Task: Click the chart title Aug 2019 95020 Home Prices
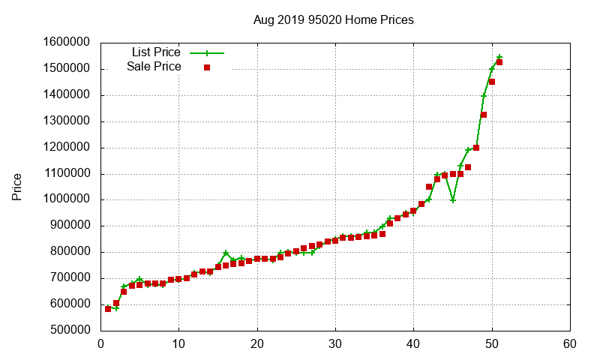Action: coord(333,20)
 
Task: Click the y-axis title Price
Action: coord(16,186)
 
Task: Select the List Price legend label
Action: coord(156,52)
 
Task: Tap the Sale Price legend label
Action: coord(154,67)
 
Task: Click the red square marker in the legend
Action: coord(207,67)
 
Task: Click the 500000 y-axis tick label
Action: coord(67,330)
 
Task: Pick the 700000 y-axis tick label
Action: coord(67,278)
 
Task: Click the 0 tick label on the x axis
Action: coord(101,344)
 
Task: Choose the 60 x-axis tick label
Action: coord(570,344)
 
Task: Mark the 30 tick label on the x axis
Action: coord(336,344)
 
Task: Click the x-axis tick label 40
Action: coord(414,344)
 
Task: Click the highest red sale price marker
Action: coord(499,62)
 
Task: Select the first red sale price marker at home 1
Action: coord(109,308)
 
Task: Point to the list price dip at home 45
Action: coord(453,200)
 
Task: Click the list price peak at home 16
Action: coord(226,253)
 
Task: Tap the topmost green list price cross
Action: coord(499,57)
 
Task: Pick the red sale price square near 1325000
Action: coord(484,115)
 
